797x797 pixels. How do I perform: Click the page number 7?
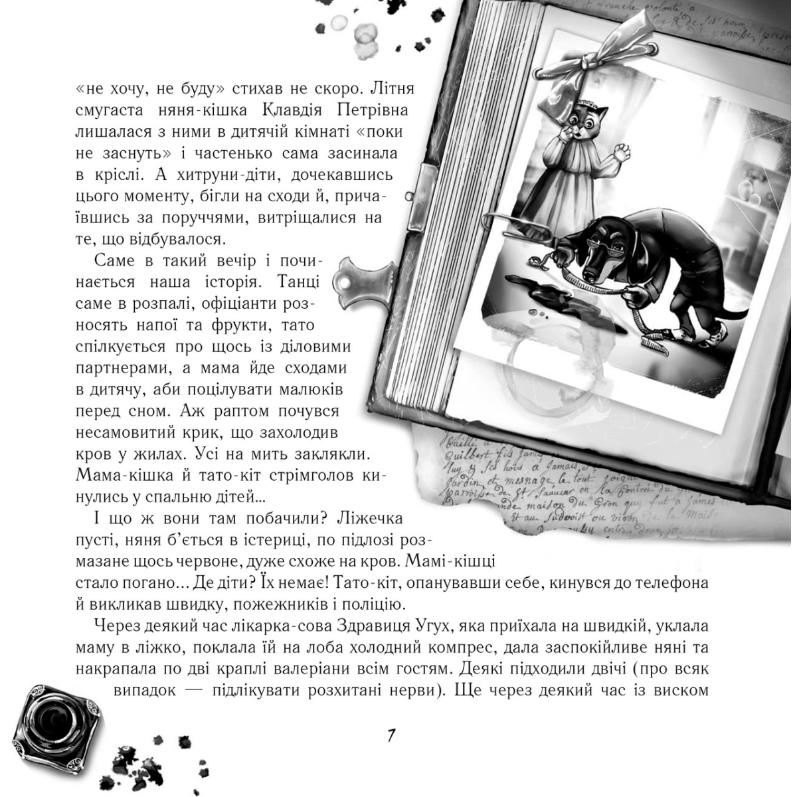pos(392,737)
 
